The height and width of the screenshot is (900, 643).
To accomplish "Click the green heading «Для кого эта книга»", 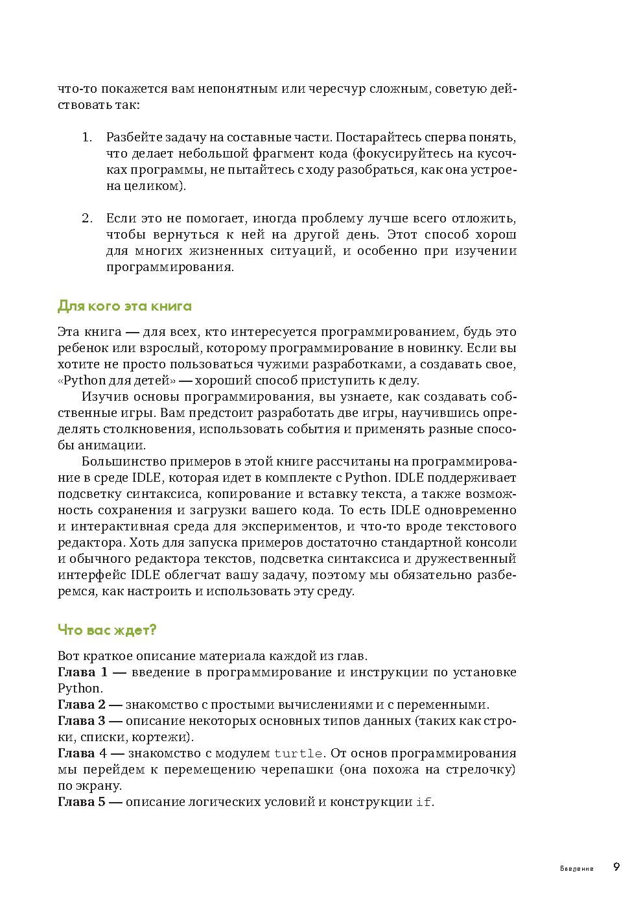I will coord(124,306).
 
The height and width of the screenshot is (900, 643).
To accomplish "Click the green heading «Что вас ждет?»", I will coord(107,630).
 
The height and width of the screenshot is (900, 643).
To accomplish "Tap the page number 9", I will coord(616,868).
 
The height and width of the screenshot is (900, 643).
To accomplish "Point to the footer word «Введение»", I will coord(576,869).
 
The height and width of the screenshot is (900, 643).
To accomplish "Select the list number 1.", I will coord(87,137).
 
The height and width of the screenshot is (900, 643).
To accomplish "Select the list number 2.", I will coord(88,219).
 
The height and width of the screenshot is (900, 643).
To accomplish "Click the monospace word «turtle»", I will coord(298,753).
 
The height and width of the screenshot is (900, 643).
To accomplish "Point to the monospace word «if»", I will coord(423,802).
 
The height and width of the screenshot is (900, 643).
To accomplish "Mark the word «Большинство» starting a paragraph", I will coord(124,462).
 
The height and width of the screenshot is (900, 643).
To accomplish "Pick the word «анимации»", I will coord(102,445).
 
